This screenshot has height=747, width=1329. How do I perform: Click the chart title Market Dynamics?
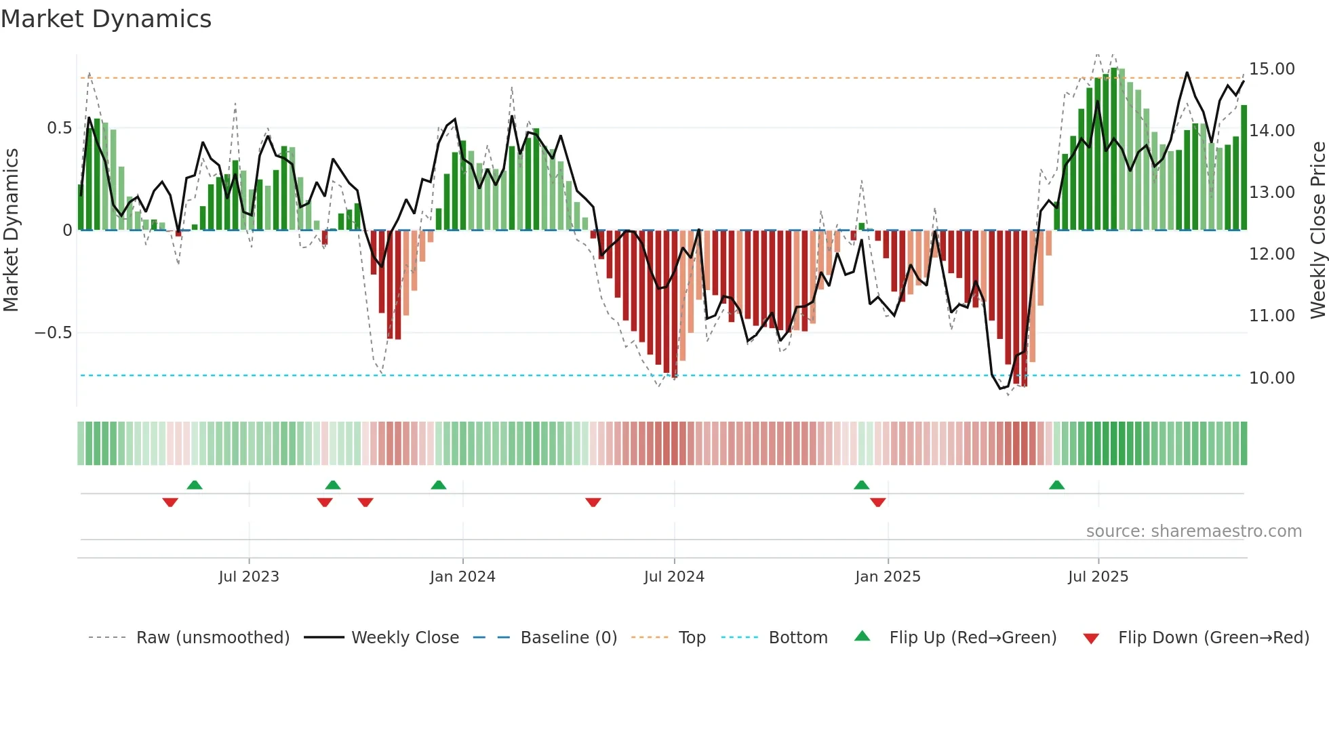106,19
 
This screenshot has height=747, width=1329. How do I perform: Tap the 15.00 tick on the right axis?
1271,69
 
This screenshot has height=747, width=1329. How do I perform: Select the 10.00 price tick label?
1271,378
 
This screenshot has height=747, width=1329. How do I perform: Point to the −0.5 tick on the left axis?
53,333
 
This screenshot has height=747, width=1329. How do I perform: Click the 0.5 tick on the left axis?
59,128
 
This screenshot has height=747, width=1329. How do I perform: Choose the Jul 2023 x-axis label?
249,577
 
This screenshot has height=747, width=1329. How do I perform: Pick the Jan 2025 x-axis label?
888,577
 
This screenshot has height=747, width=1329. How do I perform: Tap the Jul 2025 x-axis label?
1098,577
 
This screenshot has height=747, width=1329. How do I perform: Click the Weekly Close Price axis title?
1317,230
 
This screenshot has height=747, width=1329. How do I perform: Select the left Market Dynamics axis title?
11,230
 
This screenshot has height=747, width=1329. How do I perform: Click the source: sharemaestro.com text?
1193,531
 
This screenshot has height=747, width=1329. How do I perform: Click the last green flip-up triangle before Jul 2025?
1056,485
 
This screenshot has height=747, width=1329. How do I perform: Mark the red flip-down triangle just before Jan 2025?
877,502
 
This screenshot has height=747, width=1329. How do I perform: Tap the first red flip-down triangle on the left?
170,502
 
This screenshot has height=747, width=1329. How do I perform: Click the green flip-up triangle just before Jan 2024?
439,485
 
